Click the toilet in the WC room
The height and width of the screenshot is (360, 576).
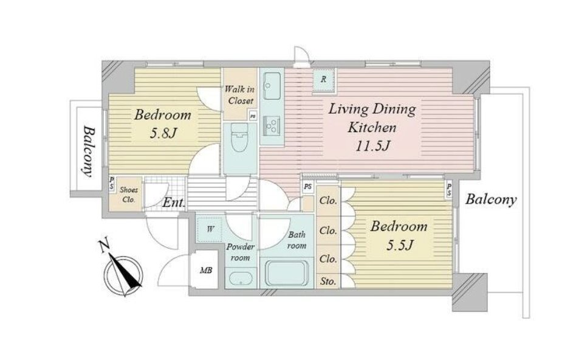[240, 137]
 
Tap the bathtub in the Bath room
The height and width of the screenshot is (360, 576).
[286, 273]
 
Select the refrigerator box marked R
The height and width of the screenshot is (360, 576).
[323, 79]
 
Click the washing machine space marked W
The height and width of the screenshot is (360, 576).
[210, 229]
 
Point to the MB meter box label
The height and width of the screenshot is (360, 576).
[206, 271]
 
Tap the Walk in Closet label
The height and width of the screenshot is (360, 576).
[240, 94]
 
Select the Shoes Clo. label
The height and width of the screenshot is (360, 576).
[129, 195]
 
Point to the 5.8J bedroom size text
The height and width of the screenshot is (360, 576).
[163, 133]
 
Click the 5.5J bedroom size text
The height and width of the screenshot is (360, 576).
[400, 245]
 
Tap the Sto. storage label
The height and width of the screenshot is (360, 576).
[327, 282]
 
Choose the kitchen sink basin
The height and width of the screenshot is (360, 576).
[272, 86]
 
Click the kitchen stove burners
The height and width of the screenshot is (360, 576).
[272, 125]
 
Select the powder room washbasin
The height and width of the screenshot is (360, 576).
[240, 279]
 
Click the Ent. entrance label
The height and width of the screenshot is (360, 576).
[173, 202]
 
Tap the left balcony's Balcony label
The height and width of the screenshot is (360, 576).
[87, 152]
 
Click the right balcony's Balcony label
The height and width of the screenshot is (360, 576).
[491, 199]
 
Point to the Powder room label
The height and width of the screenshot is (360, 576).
[240, 252]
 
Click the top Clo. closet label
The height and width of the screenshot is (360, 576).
[327, 201]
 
